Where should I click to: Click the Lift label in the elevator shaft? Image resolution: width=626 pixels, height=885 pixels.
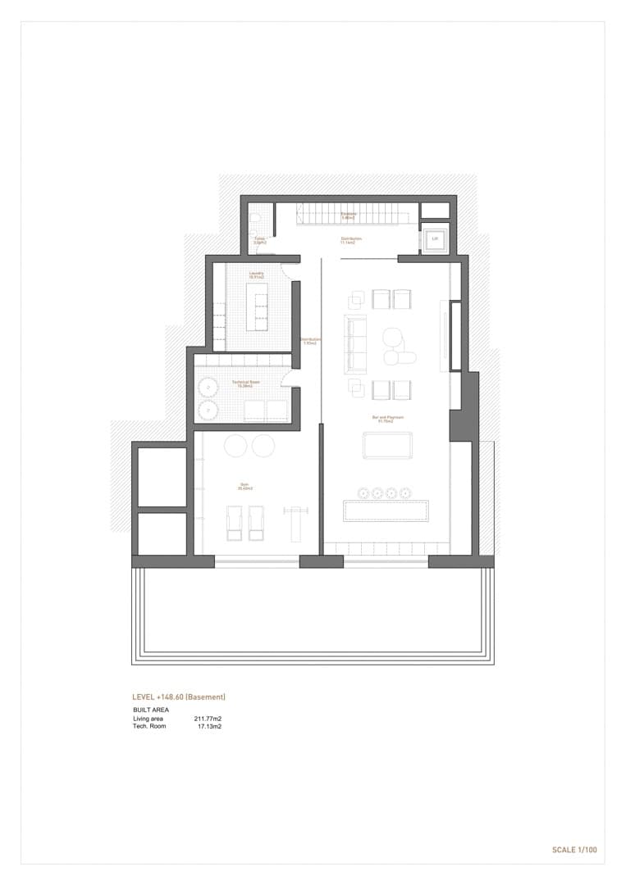pyautogui.click(x=435, y=239)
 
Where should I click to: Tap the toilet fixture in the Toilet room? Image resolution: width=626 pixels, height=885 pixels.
pyautogui.click(x=255, y=220)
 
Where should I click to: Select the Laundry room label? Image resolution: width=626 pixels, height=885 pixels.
pyautogui.click(x=256, y=276)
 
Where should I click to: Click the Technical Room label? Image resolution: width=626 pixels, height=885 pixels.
pyautogui.click(x=244, y=383)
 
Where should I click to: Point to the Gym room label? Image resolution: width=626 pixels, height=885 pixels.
pyautogui.click(x=244, y=487)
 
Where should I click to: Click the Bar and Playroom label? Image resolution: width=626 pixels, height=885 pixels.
pyautogui.click(x=387, y=419)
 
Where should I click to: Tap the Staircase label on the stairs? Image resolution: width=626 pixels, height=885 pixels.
pyautogui.click(x=349, y=216)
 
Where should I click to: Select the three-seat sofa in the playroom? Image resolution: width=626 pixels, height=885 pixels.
pyautogui.click(x=356, y=343)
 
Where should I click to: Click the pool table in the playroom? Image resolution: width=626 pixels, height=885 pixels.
pyautogui.click(x=387, y=446)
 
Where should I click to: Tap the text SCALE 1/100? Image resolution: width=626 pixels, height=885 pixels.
pyautogui.click(x=574, y=850)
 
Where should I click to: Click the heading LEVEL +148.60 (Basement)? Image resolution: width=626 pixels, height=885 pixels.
pyautogui.click(x=179, y=697)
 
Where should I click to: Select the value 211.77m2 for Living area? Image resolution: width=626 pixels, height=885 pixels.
pyautogui.click(x=208, y=719)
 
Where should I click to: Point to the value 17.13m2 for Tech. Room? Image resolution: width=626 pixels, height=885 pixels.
pyautogui.click(x=209, y=726)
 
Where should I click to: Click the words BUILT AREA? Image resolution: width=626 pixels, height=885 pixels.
pyautogui.click(x=151, y=710)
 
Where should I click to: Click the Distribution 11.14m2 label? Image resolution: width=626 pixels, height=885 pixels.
pyautogui.click(x=351, y=241)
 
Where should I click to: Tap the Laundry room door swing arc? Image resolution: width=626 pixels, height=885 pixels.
pyautogui.click(x=286, y=270)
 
